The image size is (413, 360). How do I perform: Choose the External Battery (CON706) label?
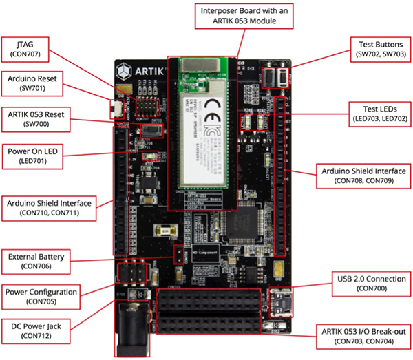point(37,261)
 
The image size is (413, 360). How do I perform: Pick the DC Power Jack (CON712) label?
point(37,330)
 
